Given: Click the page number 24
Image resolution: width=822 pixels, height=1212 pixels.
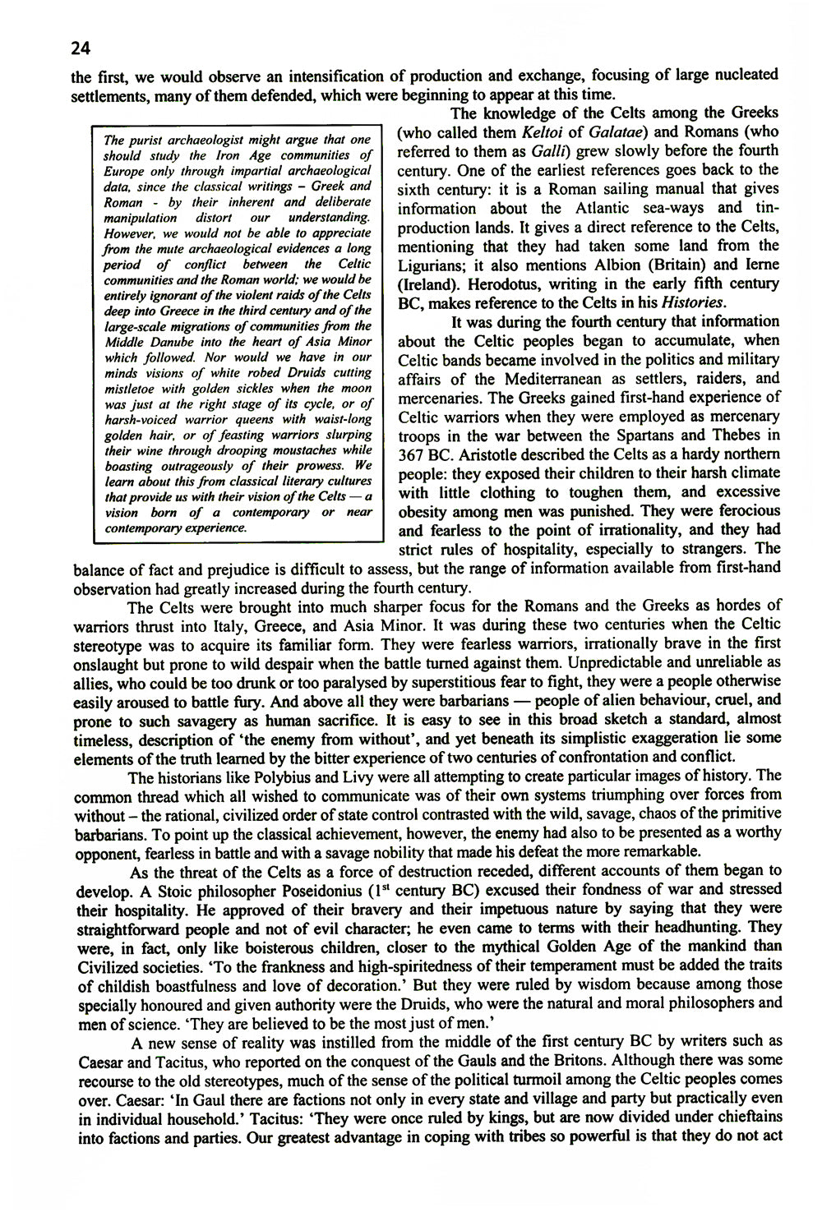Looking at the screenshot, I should [x=80, y=48].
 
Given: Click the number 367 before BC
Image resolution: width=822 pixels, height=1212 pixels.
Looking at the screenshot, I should [x=414, y=455].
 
